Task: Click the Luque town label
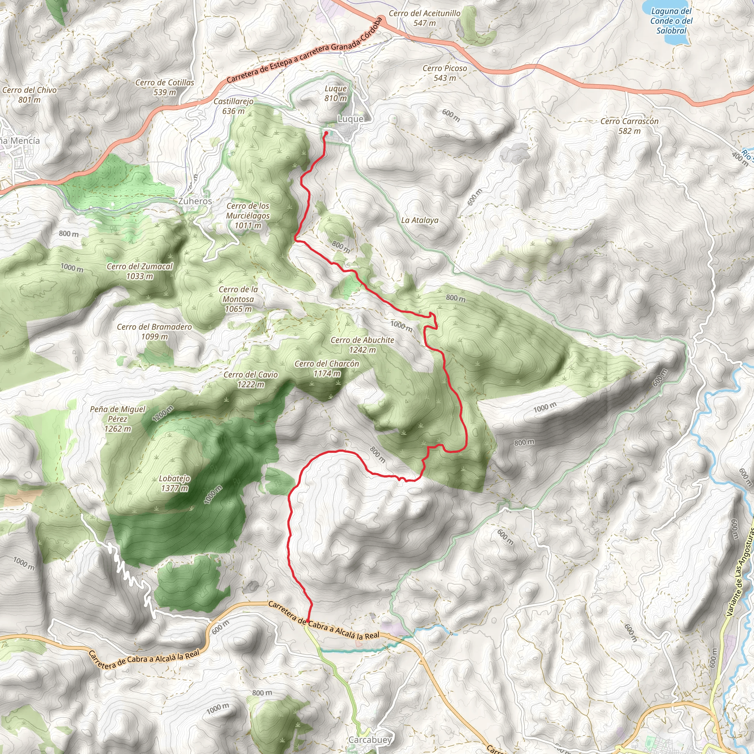coord(350,119)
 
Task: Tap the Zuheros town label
coord(195,201)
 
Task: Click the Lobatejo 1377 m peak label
coord(175,483)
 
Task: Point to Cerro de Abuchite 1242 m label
coord(362,345)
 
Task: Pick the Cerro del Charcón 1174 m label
coord(327,369)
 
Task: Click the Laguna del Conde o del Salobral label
coord(671,21)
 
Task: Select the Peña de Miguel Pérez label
coord(117,419)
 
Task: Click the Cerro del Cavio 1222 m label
coord(251,379)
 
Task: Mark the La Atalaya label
coord(420,221)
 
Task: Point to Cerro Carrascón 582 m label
coord(629,126)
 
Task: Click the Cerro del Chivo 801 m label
coord(29,95)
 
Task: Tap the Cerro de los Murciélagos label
coord(248,215)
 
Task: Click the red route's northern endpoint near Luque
coord(326,133)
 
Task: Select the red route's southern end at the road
coord(308,620)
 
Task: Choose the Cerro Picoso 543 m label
coord(444,73)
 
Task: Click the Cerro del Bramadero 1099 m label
coord(154,331)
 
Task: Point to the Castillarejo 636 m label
coord(233,106)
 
